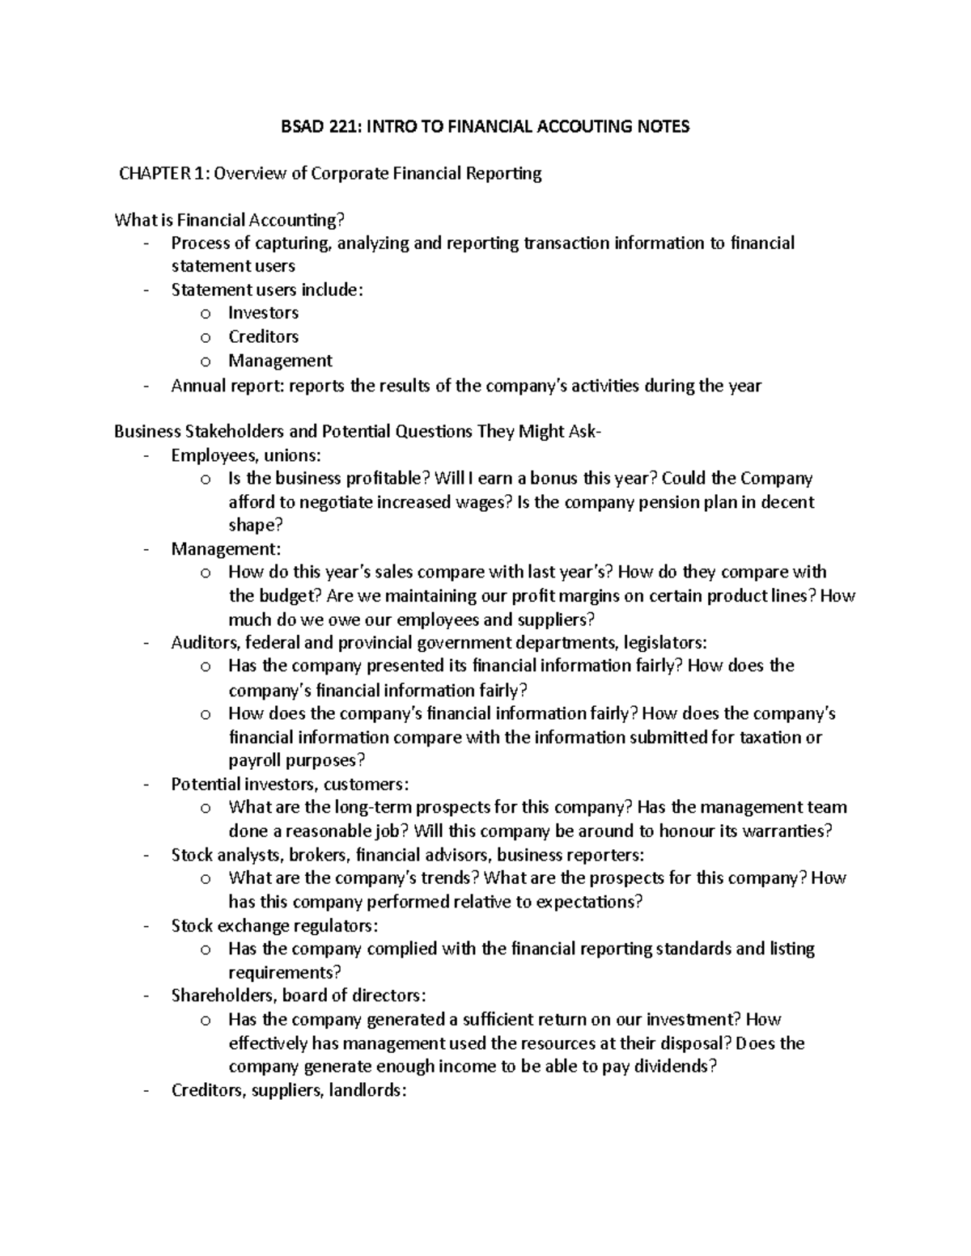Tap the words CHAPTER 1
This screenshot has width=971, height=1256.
pyautogui.click(x=162, y=173)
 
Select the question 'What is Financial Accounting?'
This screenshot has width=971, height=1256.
pyautogui.click(x=235, y=220)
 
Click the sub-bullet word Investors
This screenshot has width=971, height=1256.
pyautogui.click(x=263, y=313)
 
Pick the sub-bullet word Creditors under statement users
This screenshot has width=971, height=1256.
pyautogui.click(x=263, y=336)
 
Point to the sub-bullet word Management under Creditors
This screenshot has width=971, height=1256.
pyautogui.click(x=280, y=361)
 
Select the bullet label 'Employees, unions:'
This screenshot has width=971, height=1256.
pyautogui.click(x=245, y=455)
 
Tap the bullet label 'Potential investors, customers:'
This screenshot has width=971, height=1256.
pyautogui.click(x=290, y=784)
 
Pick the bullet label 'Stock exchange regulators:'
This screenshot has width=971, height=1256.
pyautogui.click(x=274, y=925)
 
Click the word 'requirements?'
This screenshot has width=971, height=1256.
pyautogui.click(x=284, y=972)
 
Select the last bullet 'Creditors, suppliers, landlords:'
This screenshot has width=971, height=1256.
pyautogui.click(x=288, y=1090)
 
